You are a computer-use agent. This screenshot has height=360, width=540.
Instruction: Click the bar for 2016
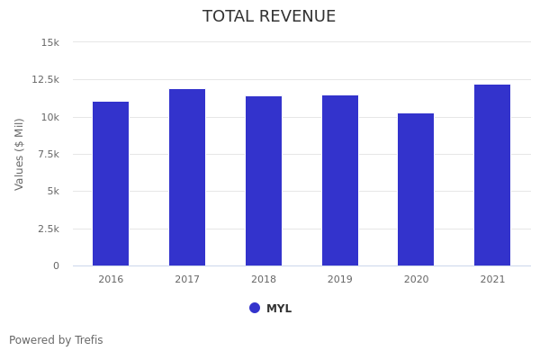(111, 184)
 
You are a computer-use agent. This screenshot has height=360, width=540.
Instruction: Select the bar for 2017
(187, 177)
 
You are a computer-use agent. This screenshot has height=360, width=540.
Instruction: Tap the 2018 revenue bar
(264, 181)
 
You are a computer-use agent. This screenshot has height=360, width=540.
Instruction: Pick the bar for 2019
(340, 180)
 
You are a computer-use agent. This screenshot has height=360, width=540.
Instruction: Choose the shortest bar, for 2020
(416, 189)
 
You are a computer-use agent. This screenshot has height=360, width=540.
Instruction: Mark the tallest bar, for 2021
(492, 175)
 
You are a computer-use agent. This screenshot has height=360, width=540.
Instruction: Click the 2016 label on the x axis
(111, 280)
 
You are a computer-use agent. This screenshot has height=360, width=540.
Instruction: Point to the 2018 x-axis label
(264, 280)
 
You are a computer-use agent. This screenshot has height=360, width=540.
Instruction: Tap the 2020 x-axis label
(416, 280)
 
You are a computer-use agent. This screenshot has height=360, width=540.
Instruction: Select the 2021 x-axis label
(492, 280)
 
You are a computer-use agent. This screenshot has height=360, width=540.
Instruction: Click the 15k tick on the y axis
(50, 42)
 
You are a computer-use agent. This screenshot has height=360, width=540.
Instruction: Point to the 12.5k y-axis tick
(45, 79)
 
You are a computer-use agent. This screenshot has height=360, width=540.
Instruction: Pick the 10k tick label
(50, 117)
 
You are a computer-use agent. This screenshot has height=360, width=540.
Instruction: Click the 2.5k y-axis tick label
(48, 229)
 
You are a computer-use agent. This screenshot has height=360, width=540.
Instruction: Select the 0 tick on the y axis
(56, 266)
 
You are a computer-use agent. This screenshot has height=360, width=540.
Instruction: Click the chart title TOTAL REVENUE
(269, 17)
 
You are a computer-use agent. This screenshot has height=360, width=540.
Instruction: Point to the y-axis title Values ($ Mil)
(20, 154)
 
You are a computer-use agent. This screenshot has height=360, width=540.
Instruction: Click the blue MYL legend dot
(255, 308)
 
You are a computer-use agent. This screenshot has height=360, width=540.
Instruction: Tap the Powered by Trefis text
(56, 340)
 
